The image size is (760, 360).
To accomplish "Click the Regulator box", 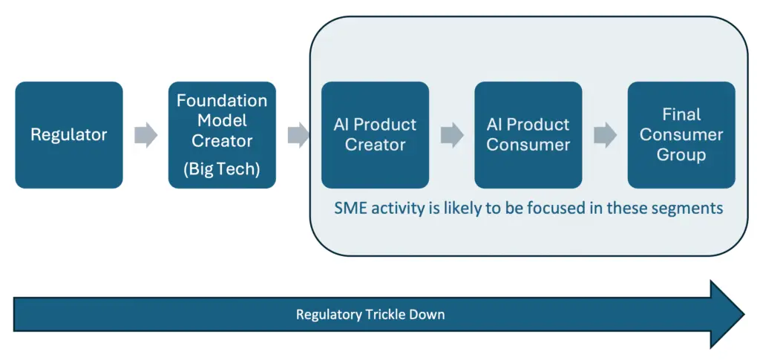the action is click(x=69, y=134).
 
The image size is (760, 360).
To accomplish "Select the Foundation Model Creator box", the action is click(x=222, y=134).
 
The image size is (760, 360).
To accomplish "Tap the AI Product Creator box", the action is click(x=375, y=134).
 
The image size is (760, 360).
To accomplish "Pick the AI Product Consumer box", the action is click(x=528, y=134).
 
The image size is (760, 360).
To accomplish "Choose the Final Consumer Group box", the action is click(x=681, y=134).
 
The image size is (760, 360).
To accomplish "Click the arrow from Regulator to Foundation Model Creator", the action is click(x=146, y=134).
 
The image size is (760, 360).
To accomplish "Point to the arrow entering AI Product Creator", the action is click(x=299, y=134).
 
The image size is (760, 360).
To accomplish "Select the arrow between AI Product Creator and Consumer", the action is click(x=452, y=134).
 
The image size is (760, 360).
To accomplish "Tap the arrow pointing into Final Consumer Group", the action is click(x=606, y=134).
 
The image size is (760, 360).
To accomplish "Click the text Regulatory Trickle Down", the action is click(x=370, y=315).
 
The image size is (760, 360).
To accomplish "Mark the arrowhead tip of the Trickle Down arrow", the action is click(x=744, y=314).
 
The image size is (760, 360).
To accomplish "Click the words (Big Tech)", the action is click(x=222, y=169).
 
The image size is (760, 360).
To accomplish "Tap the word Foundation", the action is click(x=222, y=101).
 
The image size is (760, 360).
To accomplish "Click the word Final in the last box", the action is click(x=681, y=115).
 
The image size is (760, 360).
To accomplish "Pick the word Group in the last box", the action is click(x=681, y=156).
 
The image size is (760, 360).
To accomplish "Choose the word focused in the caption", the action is click(x=516, y=208).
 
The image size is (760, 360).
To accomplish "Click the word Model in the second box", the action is click(x=222, y=121).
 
